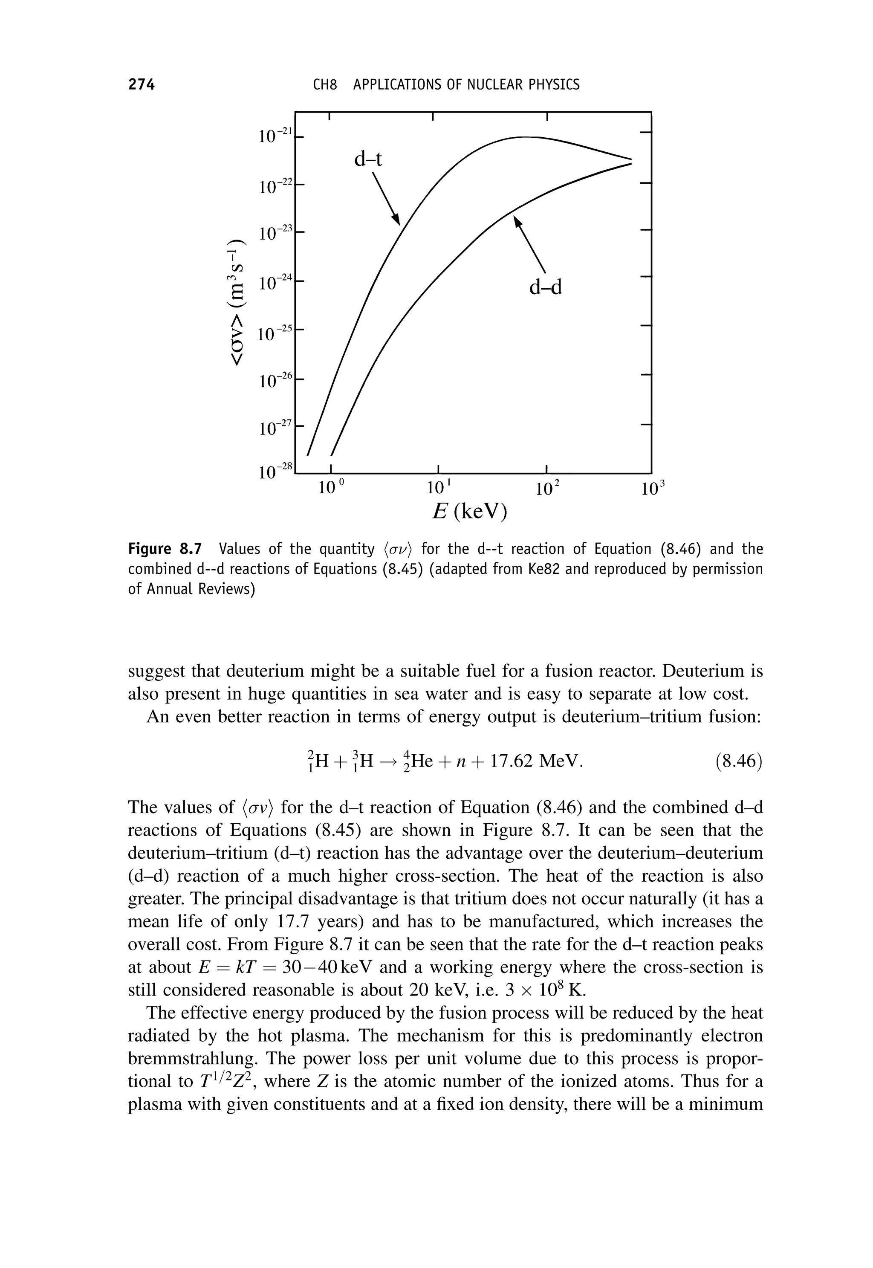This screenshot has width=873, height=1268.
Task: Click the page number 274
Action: (x=142, y=85)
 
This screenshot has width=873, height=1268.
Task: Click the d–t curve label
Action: (x=367, y=159)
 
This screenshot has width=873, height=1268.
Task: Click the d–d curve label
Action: (x=545, y=287)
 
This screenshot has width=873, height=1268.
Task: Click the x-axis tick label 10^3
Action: (x=653, y=487)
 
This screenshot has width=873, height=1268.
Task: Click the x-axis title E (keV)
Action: (x=470, y=512)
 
